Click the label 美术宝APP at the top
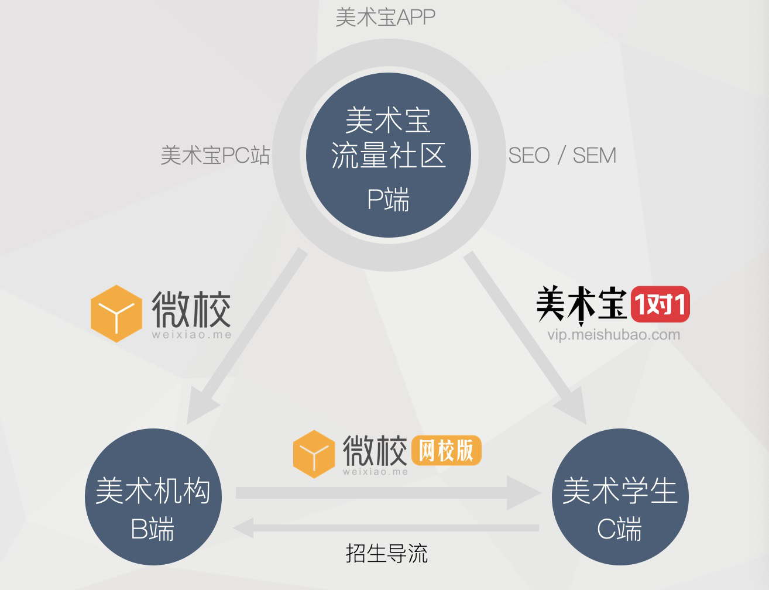[385, 18]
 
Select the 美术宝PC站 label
[215, 156]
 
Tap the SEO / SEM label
[562, 156]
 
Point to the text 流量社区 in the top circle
[388, 156]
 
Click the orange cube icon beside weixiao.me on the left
[116, 314]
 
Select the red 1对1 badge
[660, 304]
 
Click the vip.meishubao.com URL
[613, 335]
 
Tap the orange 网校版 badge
[447, 451]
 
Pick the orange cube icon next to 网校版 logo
[314, 454]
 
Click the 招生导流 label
[386, 553]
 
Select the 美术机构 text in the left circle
[153, 490]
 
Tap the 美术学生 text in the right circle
[620, 490]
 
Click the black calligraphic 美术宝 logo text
[581, 304]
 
